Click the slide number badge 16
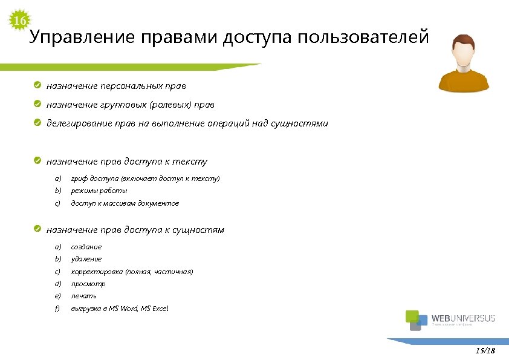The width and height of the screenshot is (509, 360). pyautogui.click(x=19, y=21)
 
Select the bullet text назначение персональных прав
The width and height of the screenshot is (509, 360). pyautogui.click(x=116, y=85)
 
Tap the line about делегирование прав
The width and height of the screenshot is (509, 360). pyautogui.click(x=187, y=123)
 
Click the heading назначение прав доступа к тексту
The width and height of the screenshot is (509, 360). pyautogui.click(x=127, y=161)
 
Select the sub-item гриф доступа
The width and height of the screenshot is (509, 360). pyautogui.click(x=145, y=178)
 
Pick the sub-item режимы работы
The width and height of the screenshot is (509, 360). pyautogui.click(x=99, y=191)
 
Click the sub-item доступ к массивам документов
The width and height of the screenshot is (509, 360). pyautogui.click(x=125, y=203)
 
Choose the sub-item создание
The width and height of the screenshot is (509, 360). pyautogui.click(x=86, y=247)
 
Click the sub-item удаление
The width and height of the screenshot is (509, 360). pyautogui.click(x=86, y=259)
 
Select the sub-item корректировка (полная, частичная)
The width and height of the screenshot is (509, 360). pyautogui.click(x=132, y=272)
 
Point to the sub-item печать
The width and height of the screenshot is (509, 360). pyautogui.click(x=84, y=296)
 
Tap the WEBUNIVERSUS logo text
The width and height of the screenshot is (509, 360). pyautogui.click(x=463, y=318)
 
